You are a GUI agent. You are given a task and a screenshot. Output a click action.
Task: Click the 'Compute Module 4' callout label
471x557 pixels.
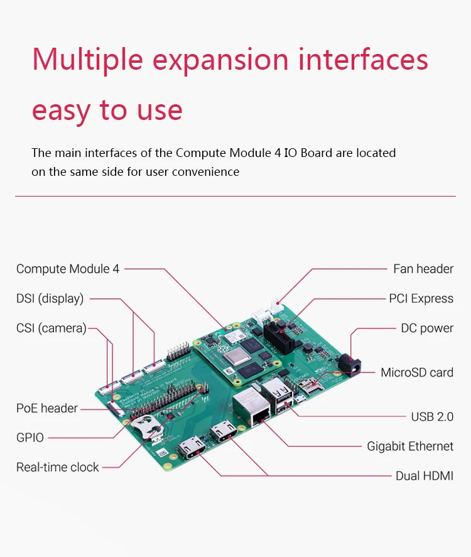pos(68,269)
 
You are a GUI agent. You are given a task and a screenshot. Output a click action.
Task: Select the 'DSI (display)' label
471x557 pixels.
pos(50,299)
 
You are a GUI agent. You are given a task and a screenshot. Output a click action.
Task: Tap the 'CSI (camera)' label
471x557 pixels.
pos(51,328)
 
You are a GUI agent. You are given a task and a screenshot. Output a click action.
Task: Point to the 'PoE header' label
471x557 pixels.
pos(47,408)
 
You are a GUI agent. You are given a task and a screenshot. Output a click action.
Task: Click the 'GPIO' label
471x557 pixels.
pos(30,438)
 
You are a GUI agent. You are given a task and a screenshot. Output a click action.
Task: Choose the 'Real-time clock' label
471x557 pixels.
pos(58,467)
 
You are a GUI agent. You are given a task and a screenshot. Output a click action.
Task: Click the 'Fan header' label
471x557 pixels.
pos(423,269)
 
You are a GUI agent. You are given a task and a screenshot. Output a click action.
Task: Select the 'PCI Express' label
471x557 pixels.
pos(421,299)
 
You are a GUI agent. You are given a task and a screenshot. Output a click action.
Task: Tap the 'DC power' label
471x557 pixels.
pos(427,328)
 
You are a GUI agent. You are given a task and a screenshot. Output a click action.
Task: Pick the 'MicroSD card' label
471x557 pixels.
pos(417,372)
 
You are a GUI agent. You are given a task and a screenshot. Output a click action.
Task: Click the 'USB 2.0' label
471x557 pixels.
pos(432,416)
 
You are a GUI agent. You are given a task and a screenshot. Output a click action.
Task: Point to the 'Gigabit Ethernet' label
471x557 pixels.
pos(410,446)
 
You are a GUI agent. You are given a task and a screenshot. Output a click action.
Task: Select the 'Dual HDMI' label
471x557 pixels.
pos(424,476)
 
